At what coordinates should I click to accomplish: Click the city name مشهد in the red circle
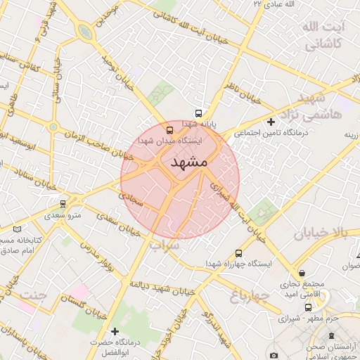(189, 162)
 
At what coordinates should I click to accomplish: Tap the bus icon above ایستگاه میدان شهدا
(169, 130)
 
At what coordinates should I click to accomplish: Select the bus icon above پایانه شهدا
(198, 113)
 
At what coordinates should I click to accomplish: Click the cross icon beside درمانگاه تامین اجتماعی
(271, 122)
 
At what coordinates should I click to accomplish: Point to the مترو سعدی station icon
(63, 204)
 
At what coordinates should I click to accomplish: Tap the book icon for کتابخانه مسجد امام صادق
(18, 229)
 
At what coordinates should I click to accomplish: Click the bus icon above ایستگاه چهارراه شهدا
(238, 253)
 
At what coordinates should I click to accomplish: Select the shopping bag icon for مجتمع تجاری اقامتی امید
(302, 273)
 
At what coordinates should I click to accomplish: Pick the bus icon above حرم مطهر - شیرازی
(308, 307)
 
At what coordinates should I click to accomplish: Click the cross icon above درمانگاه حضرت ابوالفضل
(115, 330)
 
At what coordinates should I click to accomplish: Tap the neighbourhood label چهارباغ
(250, 296)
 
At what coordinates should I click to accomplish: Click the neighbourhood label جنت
(32, 295)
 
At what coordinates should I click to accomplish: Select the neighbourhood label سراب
(165, 247)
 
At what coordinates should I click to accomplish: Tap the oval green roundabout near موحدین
(85, 32)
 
